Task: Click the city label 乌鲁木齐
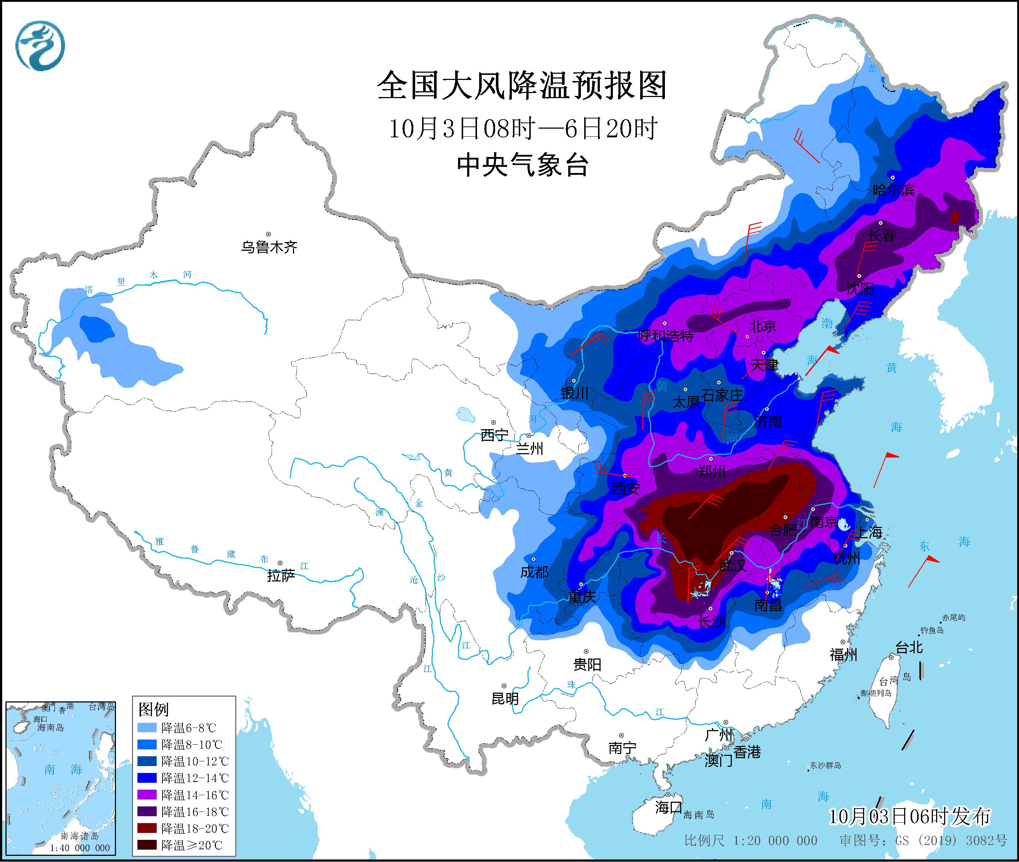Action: [x=269, y=247]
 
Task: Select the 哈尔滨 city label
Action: [x=893, y=190]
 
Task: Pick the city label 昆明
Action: [x=505, y=699]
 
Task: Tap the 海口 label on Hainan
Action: [x=669, y=807]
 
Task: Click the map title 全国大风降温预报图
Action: [x=522, y=85]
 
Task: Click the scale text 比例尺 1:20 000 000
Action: [x=750, y=841]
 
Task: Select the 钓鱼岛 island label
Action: [x=931, y=631]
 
